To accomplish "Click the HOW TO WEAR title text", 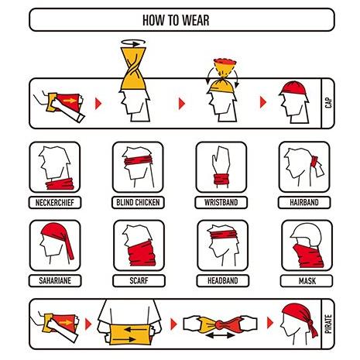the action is click(176, 20).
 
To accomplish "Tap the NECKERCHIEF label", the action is click(55, 203).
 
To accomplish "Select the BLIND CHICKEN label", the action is click(138, 202).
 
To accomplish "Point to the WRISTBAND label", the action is click(221, 202).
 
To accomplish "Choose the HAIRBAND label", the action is click(304, 202).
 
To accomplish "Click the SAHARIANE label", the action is click(55, 280).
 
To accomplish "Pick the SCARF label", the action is click(139, 280).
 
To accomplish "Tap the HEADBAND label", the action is click(223, 280).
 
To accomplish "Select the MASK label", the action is click(307, 281).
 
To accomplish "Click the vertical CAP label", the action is click(328, 103).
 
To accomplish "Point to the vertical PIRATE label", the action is click(328, 324).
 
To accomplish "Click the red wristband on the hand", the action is click(221, 179).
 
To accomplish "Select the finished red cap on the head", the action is click(293, 88).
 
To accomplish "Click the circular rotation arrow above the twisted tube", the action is click(133, 43).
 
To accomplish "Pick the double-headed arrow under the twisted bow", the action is click(220, 335).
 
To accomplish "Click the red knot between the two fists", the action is click(221, 324).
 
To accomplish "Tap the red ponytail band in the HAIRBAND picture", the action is click(314, 162).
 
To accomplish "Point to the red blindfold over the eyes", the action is click(139, 160).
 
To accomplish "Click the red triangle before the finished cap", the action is click(263, 102).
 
